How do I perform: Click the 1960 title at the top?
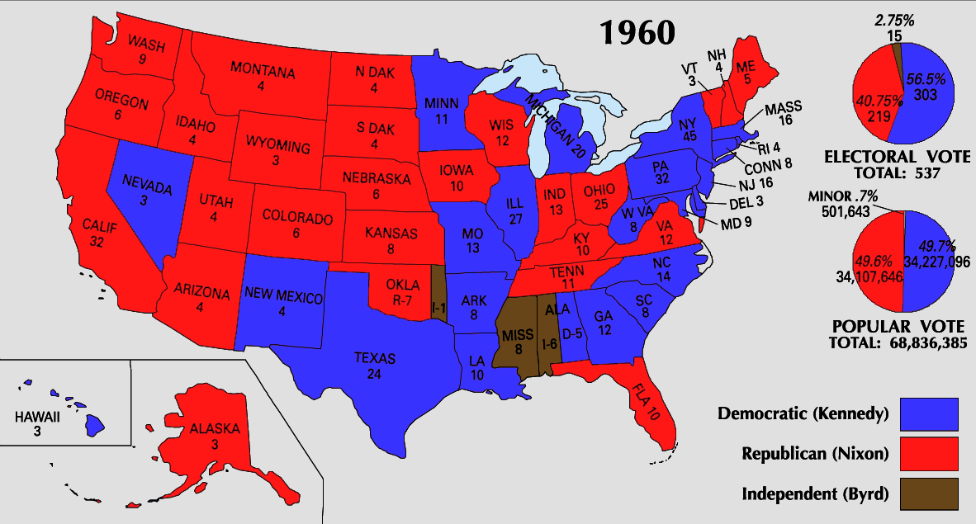coord(637,32)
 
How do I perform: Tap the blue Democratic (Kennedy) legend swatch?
coord(929,413)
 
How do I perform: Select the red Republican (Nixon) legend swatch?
coord(929,453)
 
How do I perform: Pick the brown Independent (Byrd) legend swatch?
coord(929,493)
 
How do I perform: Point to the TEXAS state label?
coord(375,359)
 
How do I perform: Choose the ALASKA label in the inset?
coord(214,429)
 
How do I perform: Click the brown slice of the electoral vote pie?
coord(897,50)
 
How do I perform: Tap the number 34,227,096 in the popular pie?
coord(936,262)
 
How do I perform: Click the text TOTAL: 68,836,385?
coord(899,341)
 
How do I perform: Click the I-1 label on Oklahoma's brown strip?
coord(439,306)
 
